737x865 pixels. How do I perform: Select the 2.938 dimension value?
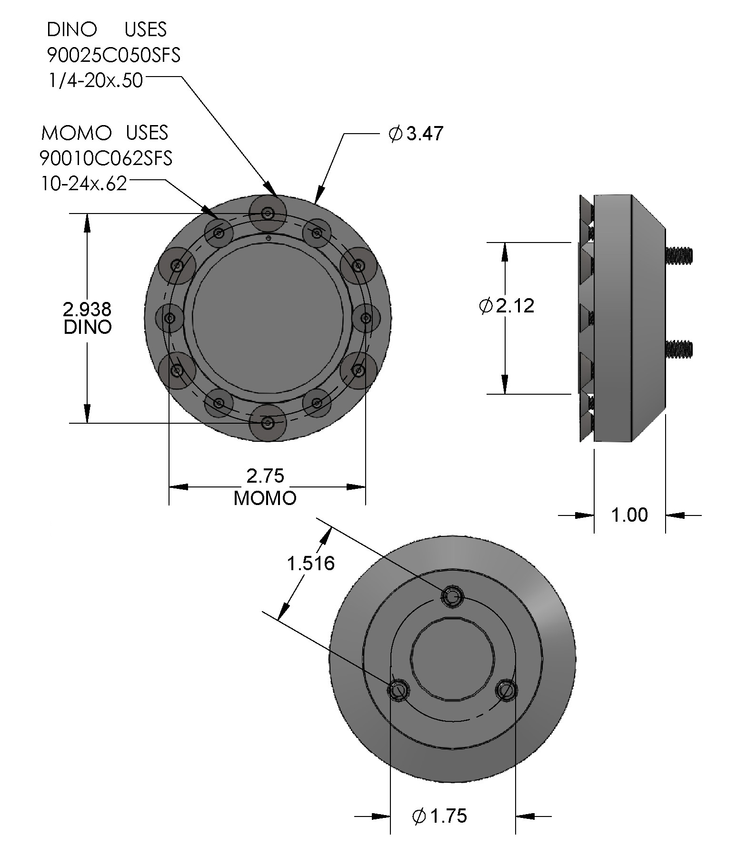87,310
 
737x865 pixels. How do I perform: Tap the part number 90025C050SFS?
113,56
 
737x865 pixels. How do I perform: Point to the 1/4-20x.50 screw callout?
95,80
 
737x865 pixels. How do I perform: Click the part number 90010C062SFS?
106,158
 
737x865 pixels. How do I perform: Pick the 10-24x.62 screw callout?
84,184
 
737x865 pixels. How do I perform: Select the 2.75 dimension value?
265,476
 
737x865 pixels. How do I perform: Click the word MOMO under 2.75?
265,498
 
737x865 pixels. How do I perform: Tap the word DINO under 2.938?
88,327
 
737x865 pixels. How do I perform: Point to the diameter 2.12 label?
507,306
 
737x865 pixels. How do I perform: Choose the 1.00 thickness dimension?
629,515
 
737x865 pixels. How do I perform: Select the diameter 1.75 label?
439,816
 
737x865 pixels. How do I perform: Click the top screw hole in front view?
268,213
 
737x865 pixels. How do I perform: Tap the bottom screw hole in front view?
268,422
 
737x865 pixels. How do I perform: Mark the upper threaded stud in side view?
679,255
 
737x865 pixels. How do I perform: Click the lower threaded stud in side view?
679,349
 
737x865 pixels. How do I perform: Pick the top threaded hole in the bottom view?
451,596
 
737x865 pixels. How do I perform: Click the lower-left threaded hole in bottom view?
398,690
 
